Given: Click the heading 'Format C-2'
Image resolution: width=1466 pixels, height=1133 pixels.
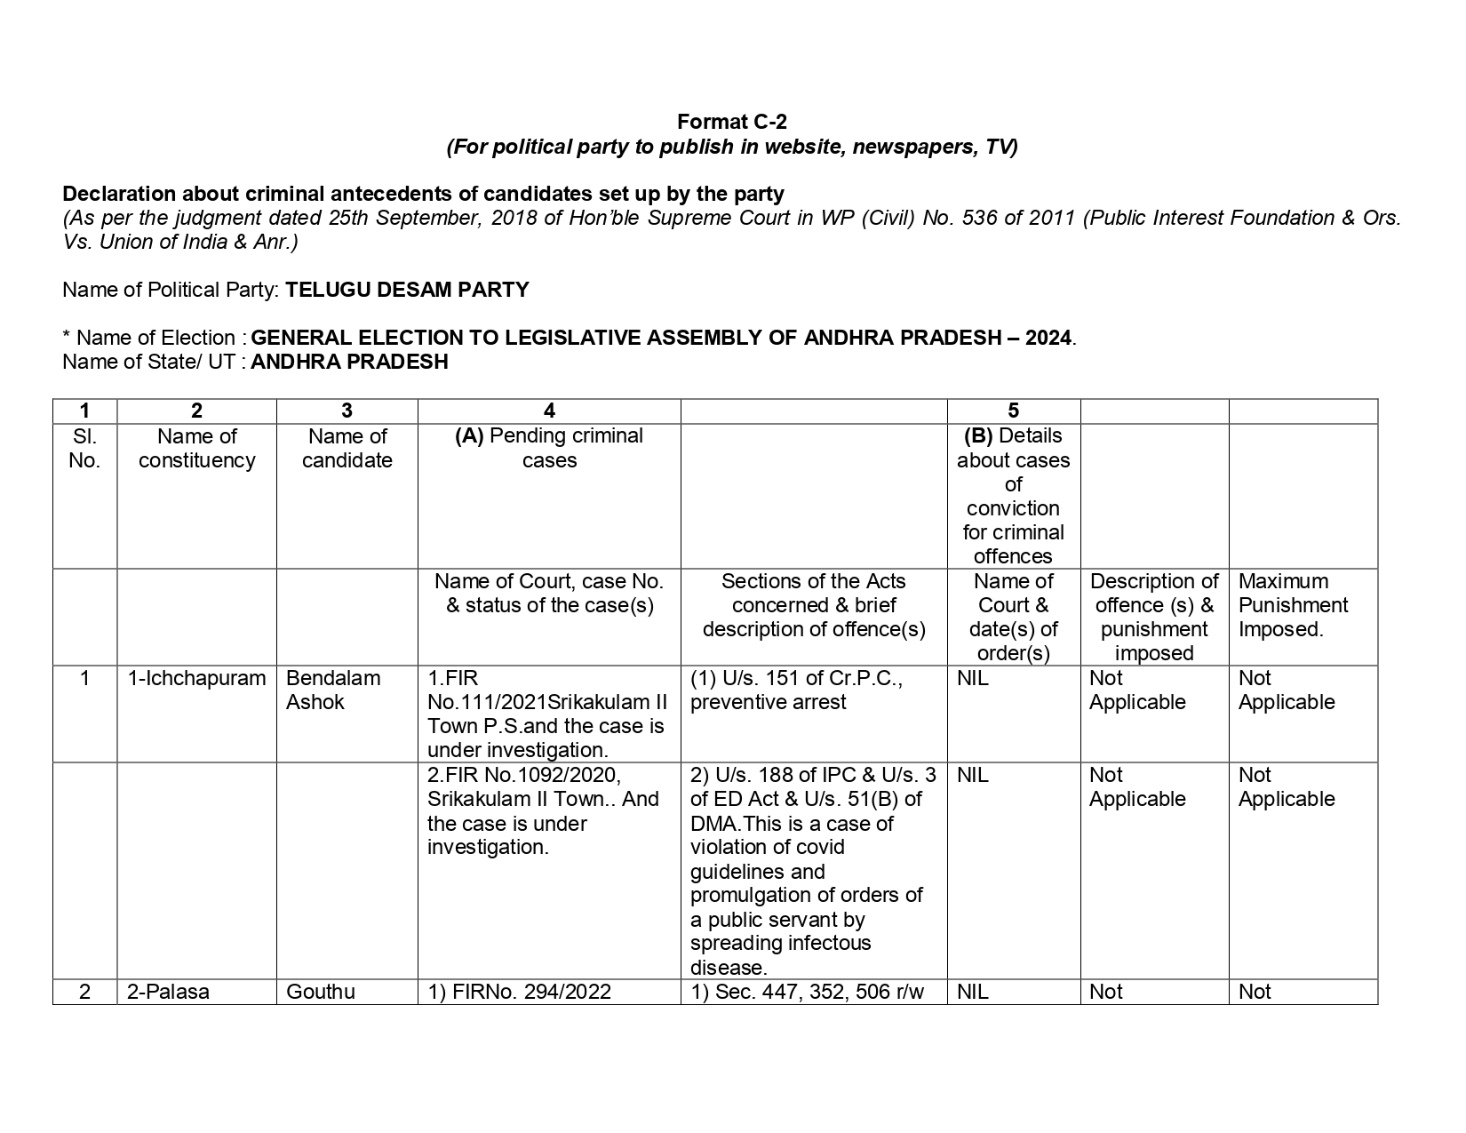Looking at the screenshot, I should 731,122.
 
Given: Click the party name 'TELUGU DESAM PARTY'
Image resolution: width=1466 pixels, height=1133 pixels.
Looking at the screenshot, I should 407,290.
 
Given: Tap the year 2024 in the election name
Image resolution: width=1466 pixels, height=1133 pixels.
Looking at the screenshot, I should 1048,338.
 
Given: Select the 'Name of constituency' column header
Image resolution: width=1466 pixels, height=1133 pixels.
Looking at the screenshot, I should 196,448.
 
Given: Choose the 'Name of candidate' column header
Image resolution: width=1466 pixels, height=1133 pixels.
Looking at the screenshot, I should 347,448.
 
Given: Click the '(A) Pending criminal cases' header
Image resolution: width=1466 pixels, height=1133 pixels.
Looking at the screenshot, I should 549,448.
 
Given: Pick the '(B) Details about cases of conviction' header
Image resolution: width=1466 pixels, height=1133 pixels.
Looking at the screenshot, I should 1013,495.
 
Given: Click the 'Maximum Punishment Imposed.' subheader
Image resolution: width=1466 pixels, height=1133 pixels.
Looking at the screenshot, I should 1293,605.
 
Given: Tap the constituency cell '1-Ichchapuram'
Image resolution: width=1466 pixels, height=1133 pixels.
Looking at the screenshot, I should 196,678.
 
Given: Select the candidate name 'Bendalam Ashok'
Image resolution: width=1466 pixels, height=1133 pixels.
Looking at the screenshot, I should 332,690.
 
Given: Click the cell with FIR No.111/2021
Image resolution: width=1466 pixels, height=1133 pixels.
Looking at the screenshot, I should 546,714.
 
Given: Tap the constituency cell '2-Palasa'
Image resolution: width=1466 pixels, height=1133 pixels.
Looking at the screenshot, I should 168,992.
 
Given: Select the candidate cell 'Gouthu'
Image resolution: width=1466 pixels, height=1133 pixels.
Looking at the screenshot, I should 321,992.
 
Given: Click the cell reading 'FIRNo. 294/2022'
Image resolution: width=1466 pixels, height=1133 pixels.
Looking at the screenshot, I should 520,992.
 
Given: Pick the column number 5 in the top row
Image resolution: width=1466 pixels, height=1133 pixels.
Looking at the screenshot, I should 1013,411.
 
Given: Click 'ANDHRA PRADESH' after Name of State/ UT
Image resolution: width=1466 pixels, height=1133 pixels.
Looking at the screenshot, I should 349,362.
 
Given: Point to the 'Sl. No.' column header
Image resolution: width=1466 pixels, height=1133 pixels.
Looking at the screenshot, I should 84,448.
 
